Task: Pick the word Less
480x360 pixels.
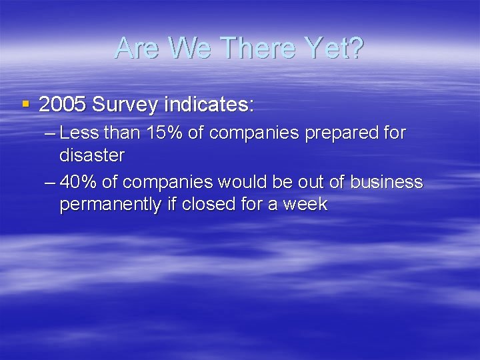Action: tap(79, 133)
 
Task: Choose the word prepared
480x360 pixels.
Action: tap(341, 133)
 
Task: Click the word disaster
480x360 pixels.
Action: tap(92, 155)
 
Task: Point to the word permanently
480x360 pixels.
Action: tap(111, 204)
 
